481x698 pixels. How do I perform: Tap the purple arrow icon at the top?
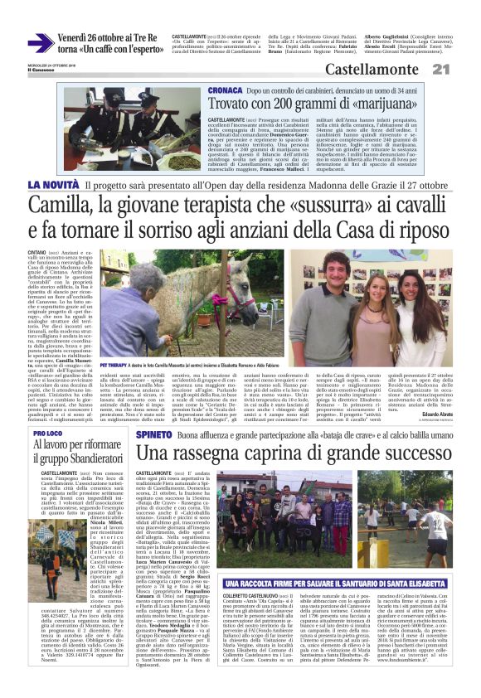pos(40,43)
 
